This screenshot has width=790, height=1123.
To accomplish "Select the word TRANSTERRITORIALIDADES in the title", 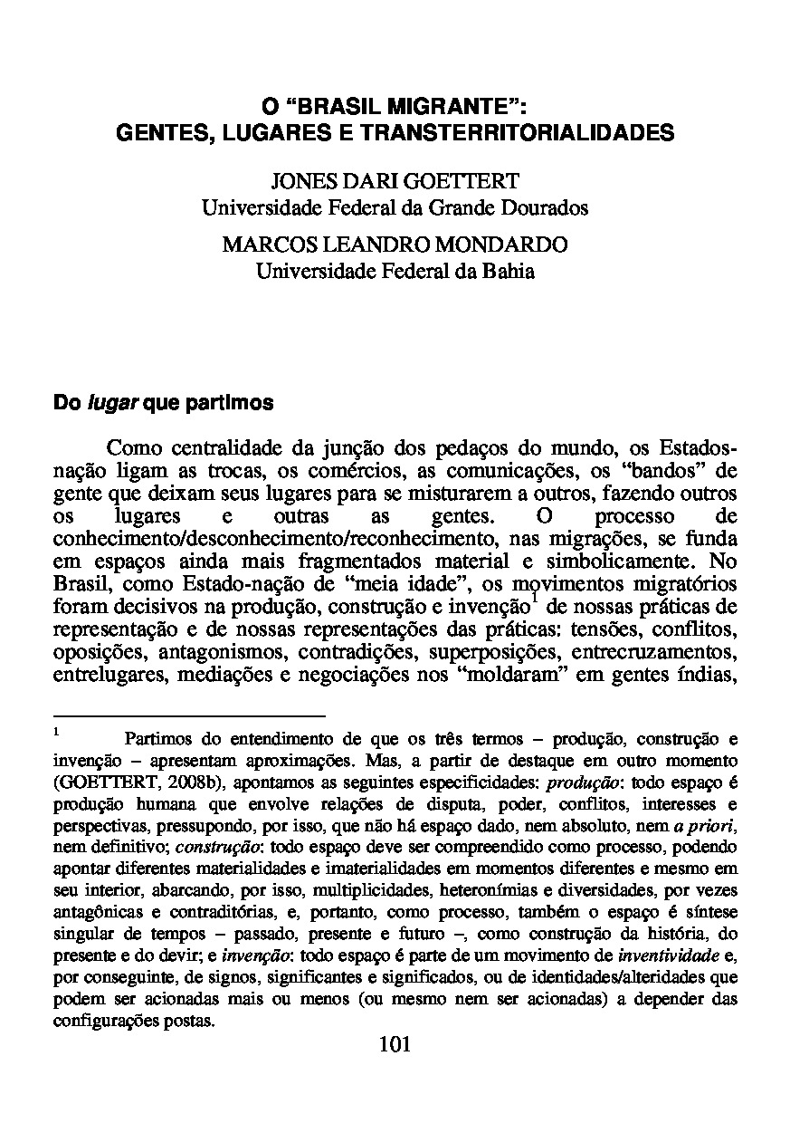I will click(x=519, y=133).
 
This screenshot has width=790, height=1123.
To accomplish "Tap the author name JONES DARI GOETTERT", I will click(x=395, y=182).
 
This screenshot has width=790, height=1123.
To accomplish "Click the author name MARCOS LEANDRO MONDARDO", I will click(x=395, y=245).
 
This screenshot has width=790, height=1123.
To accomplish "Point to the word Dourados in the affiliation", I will click(x=547, y=207).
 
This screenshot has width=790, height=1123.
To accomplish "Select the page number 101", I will click(x=395, y=1044).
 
